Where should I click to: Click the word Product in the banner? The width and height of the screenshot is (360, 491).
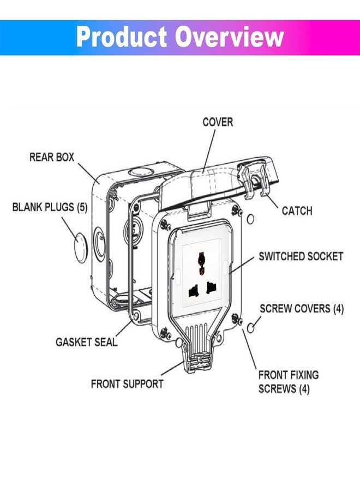[122, 37]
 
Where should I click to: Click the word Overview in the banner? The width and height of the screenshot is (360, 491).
[229, 37]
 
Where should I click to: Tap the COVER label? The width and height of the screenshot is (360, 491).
[218, 122]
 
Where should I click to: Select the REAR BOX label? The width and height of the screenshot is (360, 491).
[52, 157]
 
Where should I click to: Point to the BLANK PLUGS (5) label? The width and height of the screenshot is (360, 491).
[50, 207]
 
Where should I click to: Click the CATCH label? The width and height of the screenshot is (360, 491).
[297, 211]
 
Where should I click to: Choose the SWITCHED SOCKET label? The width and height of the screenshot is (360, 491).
[301, 256]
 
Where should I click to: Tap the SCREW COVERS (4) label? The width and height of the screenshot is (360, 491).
[302, 309]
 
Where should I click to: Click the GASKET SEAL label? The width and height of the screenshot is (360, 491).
[86, 342]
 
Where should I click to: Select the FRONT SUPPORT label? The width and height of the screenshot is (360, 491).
[127, 384]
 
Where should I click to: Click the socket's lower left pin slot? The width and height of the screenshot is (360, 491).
[194, 291]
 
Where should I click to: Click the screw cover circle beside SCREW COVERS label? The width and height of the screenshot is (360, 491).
[251, 328]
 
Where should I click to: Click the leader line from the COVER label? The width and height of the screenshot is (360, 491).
[209, 151]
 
